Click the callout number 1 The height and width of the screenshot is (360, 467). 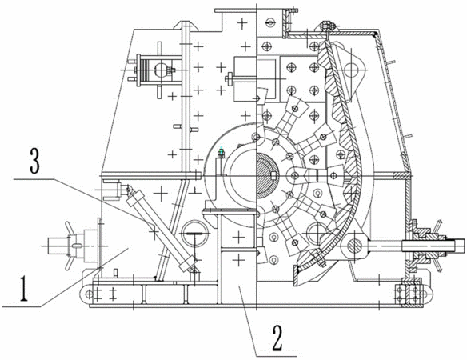[x=24, y=289]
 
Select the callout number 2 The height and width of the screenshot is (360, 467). [x=277, y=338]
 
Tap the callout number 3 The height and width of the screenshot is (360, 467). [x=35, y=161]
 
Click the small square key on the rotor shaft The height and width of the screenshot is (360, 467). [x=274, y=177]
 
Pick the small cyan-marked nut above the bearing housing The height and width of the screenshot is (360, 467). [x=221, y=153]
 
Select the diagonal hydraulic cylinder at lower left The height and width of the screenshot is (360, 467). [x=161, y=229]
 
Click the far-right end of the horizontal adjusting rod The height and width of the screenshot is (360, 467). [x=464, y=246]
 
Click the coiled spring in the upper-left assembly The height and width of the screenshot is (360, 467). [x=146, y=70]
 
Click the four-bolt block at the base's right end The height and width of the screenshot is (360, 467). [x=409, y=294]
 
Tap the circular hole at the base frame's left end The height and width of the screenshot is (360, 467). [x=89, y=294]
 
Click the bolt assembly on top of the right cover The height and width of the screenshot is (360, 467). [x=327, y=27]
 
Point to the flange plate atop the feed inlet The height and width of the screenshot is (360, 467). [x=235, y=11]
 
